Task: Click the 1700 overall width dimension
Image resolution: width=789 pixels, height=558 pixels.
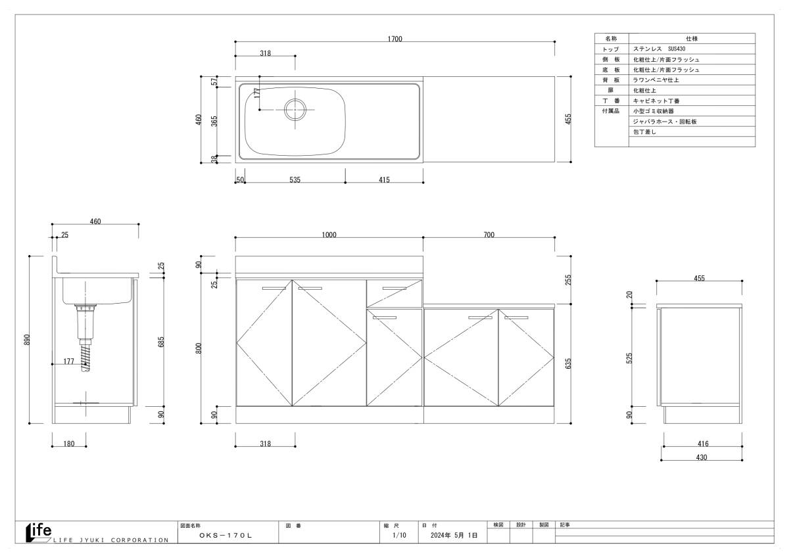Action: (394, 39)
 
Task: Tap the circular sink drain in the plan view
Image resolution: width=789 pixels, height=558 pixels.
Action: (295, 110)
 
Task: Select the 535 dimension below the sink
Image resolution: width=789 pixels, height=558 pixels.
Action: (295, 179)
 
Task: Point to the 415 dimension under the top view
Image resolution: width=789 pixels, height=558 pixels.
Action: (384, 179)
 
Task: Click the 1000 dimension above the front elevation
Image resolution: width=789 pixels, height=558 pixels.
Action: (329, 235)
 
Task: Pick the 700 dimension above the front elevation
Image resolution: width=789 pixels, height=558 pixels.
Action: (489, 235)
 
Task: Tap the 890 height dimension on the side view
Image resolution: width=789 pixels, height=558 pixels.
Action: (27, 340)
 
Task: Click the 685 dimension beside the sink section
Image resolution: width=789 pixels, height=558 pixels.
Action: (161, 342)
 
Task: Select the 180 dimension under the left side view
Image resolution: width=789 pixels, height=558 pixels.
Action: (69, 444)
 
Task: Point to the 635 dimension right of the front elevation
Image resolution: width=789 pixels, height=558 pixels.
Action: (568, 363)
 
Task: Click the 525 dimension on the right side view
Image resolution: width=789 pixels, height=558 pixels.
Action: (629, 358)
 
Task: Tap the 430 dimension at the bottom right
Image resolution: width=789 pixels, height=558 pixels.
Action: (702, 457)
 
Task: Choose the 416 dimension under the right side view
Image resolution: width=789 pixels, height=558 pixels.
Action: (703, 444)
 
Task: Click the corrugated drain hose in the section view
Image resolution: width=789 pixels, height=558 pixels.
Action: (85, 358)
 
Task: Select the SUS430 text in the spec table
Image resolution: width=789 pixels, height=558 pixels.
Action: (677, 49)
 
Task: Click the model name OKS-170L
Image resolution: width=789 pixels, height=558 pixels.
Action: (226, 536)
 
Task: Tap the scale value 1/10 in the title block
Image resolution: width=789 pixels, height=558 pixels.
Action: (400, 535)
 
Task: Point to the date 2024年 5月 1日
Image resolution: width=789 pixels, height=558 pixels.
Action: (454, 535)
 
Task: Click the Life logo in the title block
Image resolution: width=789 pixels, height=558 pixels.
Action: (39, 532)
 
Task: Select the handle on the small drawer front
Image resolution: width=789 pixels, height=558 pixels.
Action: (394, 289)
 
